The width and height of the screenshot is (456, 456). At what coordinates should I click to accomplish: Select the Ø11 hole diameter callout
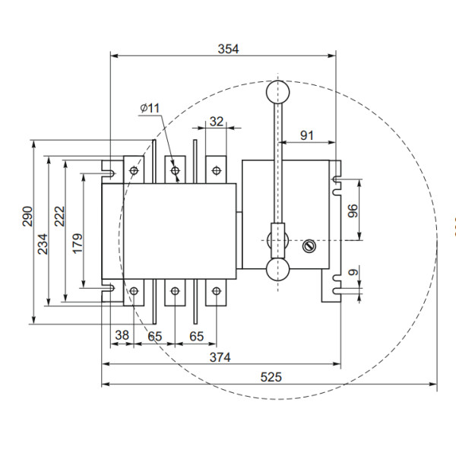[150, 108]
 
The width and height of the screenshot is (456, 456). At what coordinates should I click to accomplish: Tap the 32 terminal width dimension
[217, 121]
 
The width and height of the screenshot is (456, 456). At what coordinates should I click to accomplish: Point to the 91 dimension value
[307, 135]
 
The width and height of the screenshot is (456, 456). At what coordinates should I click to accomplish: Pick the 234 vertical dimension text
[43, 242]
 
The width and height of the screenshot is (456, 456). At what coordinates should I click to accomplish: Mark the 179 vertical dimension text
[77, 243]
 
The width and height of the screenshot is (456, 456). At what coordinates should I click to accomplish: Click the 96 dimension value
[352, 211]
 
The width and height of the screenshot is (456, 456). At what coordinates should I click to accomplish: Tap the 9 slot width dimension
[352, 272]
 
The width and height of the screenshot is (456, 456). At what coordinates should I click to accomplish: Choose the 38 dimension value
[122, 334]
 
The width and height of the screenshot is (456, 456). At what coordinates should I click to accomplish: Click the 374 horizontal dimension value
[220, 356]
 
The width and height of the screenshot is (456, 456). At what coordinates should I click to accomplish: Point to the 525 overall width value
[271, 376]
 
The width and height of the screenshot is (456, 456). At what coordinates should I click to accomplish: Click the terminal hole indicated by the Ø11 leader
[176, 171]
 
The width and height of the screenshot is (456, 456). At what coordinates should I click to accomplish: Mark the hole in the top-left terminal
[135, 170]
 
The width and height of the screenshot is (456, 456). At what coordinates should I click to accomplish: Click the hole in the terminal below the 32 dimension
[216, 170]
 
